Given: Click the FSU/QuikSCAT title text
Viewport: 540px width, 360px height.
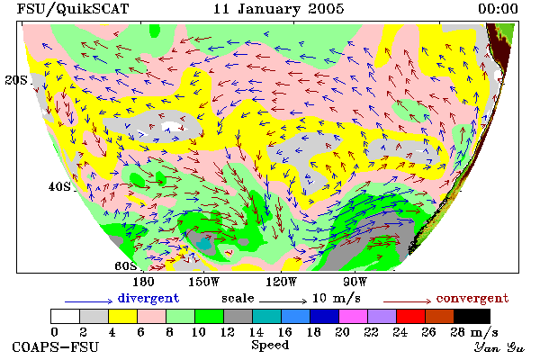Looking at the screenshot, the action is click(x=73, y=9).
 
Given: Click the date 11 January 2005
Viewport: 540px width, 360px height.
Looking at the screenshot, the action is click(x=279, y=9).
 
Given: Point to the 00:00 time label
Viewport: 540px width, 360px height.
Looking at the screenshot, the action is click(x=498, y=9).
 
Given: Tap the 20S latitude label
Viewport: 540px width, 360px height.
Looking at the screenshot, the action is click(x=16, y=80).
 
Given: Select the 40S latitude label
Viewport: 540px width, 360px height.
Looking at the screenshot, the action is click(x=59, y=186).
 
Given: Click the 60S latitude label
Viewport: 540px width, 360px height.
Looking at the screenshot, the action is click(x=126, y=266).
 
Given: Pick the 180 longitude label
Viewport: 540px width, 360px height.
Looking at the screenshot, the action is click(x=143, y=282).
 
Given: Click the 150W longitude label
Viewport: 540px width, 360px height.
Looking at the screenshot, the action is click(x=204, y=282).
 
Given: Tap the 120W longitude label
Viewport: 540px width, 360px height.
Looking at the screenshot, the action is click(x=281, y=282).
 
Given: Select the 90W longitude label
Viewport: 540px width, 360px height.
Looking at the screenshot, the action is click(x=355, y=282).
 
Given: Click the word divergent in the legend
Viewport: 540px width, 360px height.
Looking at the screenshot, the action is click(x=148, y=298).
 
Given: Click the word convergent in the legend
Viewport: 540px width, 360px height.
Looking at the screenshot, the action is click(x=472, y=298).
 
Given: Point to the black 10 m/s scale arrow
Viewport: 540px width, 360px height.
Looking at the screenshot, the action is click(x=283, y=301).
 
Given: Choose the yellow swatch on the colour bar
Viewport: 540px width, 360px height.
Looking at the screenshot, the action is click(x=123, y=316).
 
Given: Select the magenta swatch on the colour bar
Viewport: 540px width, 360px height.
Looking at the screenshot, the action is click(x=354, y=316).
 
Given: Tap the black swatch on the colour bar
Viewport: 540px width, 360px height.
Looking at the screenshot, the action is click(x=472, y=316).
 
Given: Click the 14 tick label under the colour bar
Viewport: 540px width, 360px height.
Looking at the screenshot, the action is click(x=256, y=332).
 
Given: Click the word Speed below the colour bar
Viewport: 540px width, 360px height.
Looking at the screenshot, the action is click(x=270, y=346).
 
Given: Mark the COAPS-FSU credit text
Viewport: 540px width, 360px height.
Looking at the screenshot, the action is click(x=56, y=346).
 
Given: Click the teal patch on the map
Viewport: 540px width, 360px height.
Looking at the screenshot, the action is click(x=204, y=244).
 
